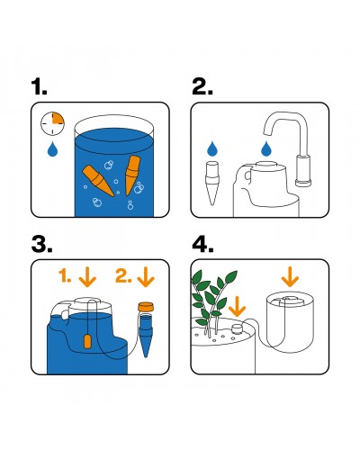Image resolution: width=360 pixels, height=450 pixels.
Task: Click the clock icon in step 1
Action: [x=54, y=122]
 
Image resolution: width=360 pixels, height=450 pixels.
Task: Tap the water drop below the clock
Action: [x=54, y=149]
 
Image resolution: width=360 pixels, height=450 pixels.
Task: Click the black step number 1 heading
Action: [x=40, y=87]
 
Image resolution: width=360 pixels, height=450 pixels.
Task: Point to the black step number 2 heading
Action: [x=202, y=87]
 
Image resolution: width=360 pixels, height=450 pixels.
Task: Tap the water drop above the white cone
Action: [x=213, y=148]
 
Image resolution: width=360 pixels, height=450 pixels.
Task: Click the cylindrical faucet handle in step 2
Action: [x=304, y=170]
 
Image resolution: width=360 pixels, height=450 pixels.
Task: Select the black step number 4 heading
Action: [x=202, y=245]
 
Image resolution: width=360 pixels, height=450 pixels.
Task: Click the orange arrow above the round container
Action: [x=289, y=278]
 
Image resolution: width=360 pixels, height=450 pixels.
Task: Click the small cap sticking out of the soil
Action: [x=234, y=330]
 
